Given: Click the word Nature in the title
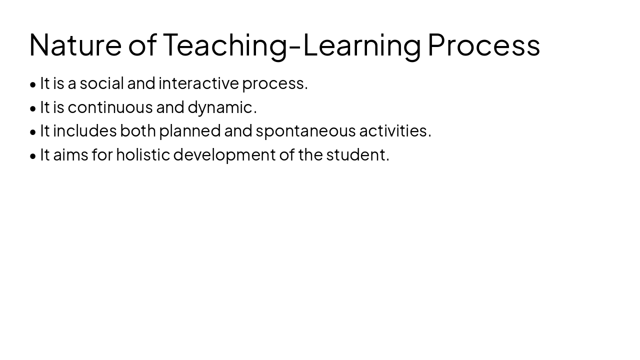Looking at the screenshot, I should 75,45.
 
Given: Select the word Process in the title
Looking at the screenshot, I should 483,45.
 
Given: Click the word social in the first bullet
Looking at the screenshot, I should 101,83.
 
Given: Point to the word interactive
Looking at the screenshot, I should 198,83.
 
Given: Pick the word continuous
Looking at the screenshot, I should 110,107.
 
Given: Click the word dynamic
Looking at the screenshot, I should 222,107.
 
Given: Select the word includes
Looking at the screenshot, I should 85,131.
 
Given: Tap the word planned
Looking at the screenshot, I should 189,131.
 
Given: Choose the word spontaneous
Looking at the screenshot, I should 305,131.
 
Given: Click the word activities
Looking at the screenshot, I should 394,131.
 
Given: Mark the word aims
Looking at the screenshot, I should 70,155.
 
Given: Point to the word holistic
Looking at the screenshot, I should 143,155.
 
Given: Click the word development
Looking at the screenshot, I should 224,155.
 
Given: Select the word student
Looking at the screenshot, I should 357,155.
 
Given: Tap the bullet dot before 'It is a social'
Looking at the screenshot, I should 33,84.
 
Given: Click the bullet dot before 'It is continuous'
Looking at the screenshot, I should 33,108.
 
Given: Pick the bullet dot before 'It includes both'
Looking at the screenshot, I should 33,132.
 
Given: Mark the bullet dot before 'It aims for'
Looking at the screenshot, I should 33,156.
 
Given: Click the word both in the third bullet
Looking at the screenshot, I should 137,131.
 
